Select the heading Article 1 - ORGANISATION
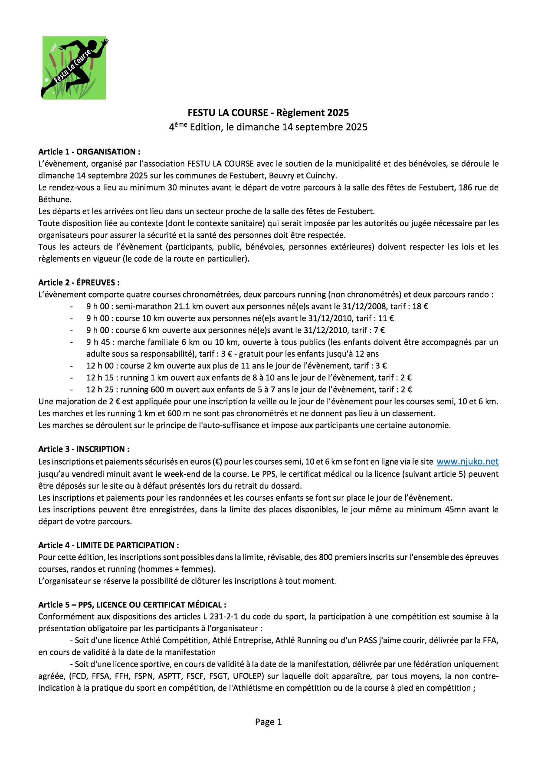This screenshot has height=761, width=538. pos(89,152)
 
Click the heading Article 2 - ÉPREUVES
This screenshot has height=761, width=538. pos(79,282)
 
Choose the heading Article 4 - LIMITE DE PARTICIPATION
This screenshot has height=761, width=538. pos(108,545)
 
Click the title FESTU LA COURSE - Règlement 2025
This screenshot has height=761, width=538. pos(268,113)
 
